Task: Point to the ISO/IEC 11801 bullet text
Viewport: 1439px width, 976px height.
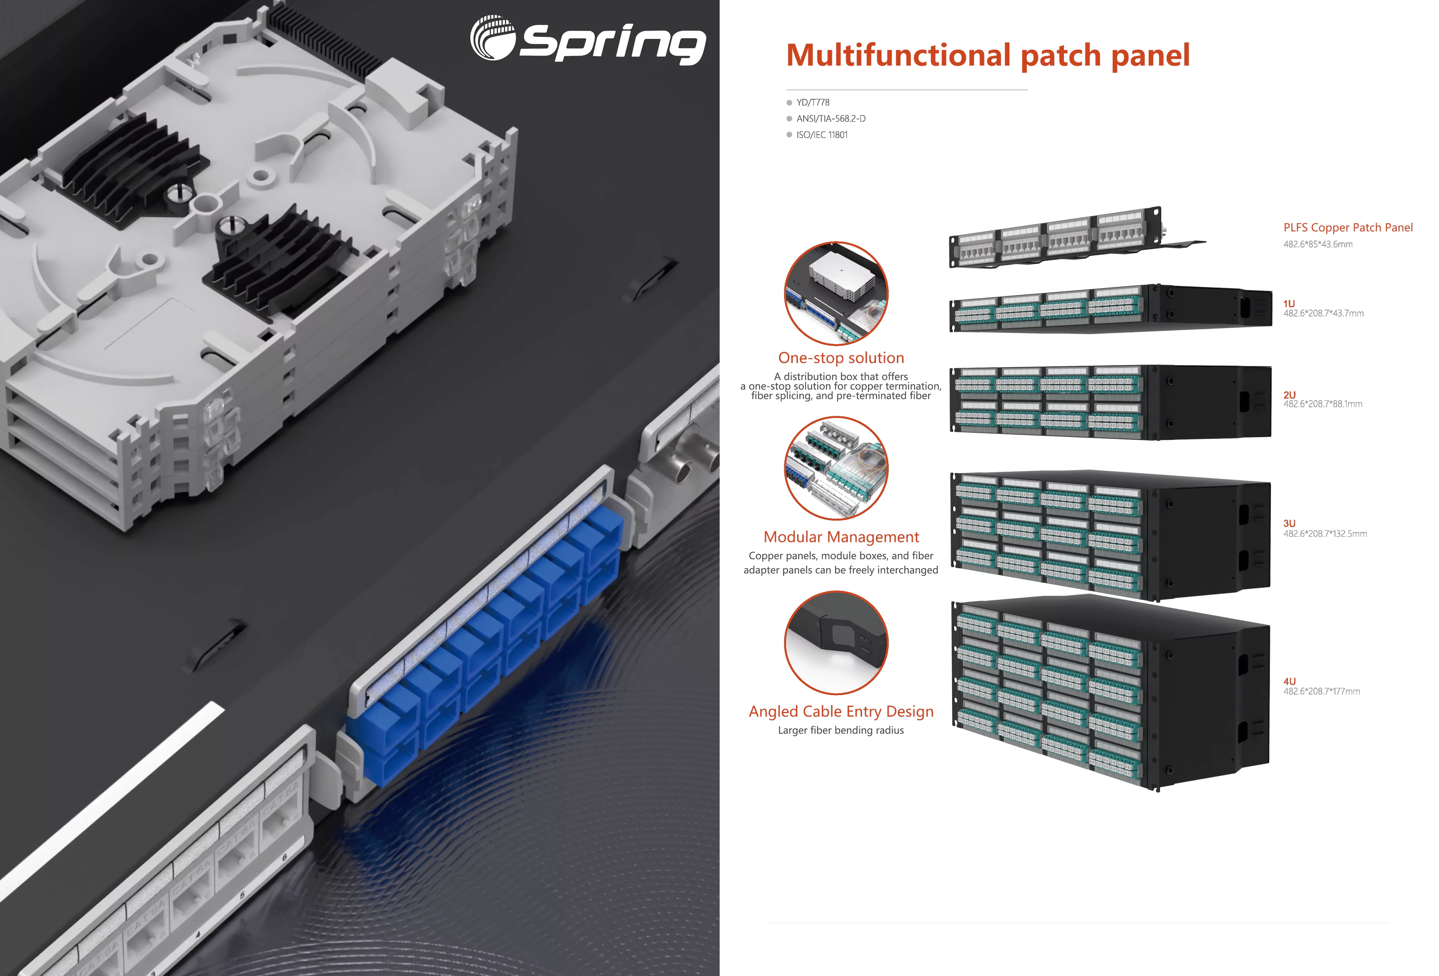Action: [822, 135]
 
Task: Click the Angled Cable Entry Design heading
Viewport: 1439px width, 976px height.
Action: [841, 712]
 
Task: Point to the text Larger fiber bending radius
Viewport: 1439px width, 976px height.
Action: [841, 730]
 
